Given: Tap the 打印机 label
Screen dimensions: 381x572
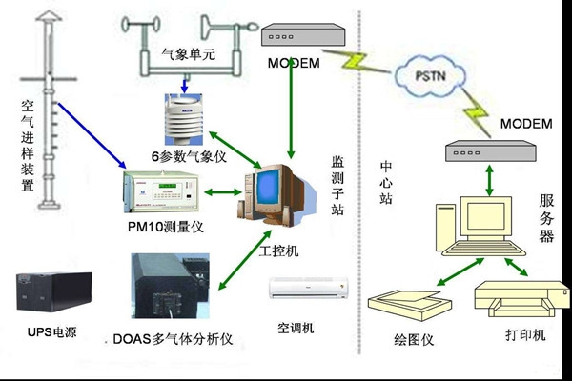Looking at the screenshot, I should [x=525, y=339].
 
